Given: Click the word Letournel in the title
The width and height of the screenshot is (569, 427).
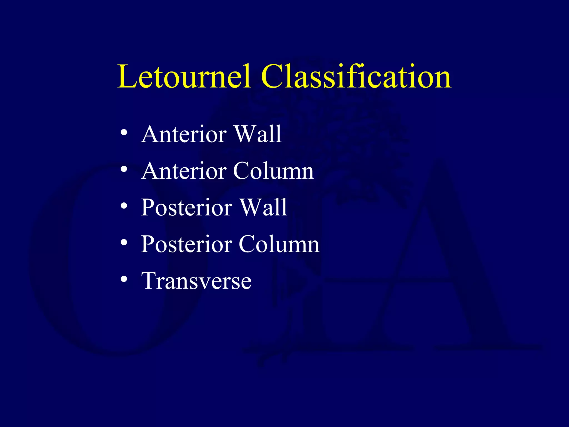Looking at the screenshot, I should (x=184, y=76).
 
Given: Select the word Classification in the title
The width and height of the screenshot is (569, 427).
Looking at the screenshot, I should (x=356, y=76).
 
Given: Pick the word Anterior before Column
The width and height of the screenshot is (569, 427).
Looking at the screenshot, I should (x=184, y=171).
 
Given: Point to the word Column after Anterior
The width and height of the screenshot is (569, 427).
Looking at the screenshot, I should (x=273, y=171).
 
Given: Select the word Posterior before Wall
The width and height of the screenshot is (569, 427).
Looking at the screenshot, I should (x=187, y=208).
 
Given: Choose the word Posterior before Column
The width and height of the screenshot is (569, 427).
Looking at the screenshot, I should (x=187, y=244).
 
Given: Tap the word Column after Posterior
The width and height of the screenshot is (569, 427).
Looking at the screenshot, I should (x=279, y=244).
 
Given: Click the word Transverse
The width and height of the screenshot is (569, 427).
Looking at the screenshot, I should (x=196, y=281).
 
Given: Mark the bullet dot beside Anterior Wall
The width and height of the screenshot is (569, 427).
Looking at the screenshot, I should (x=124, y=132).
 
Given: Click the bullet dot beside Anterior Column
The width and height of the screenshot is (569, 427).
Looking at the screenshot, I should (x=124, y=169).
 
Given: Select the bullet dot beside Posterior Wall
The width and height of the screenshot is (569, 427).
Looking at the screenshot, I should (x=124, y=206).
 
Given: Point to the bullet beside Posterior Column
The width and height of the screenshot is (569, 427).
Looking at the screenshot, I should (x=124, y=242).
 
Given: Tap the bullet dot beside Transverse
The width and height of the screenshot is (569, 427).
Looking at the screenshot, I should (x=124, y=279).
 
